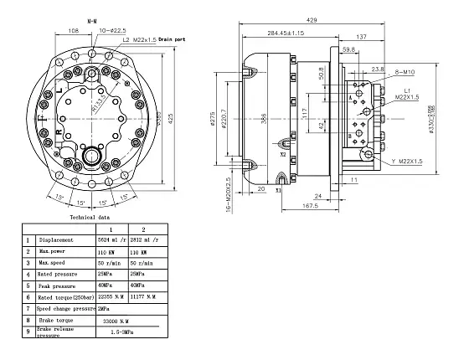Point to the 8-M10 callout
click(x=406, y=73)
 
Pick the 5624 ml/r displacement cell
click(x=113, y=239)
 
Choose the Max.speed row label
click(x=55, y=262)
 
